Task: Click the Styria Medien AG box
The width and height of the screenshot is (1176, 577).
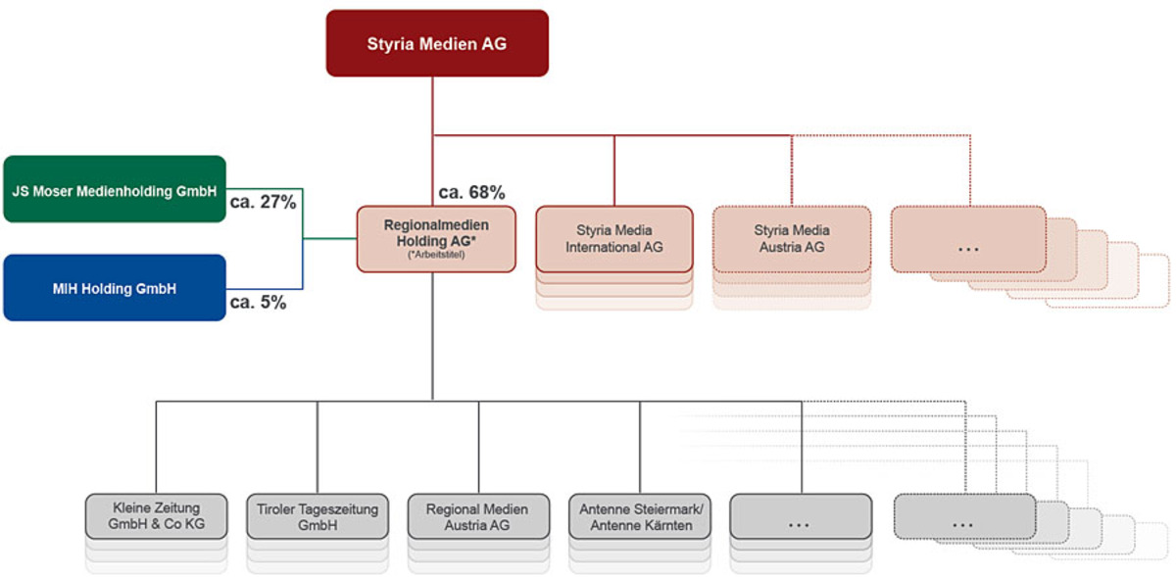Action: coord(437,43)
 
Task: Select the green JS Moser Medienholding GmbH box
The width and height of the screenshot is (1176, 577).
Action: coord(115,189)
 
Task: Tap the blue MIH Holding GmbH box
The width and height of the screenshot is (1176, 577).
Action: coord(115,288)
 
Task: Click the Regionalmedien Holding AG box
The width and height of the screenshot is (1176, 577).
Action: coord(436,238)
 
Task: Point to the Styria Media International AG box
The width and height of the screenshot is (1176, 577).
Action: coord(614,238)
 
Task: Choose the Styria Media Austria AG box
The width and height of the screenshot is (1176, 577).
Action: coord(791,238)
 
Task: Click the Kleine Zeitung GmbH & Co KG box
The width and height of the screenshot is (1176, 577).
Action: coord(157,516)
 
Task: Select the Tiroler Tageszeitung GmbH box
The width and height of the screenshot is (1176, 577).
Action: coord(318,516)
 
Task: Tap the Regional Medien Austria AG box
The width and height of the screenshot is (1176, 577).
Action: coord(478,516)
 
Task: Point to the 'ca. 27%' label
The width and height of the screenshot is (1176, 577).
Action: coord(263,203)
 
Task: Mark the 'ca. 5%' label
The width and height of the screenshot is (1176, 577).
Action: coord(258,303)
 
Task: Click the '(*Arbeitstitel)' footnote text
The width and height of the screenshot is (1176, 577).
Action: coord(436,256)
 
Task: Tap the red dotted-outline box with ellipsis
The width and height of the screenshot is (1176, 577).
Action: coord(968,238)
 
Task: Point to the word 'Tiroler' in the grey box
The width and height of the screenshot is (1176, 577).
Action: coord(279,509)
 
